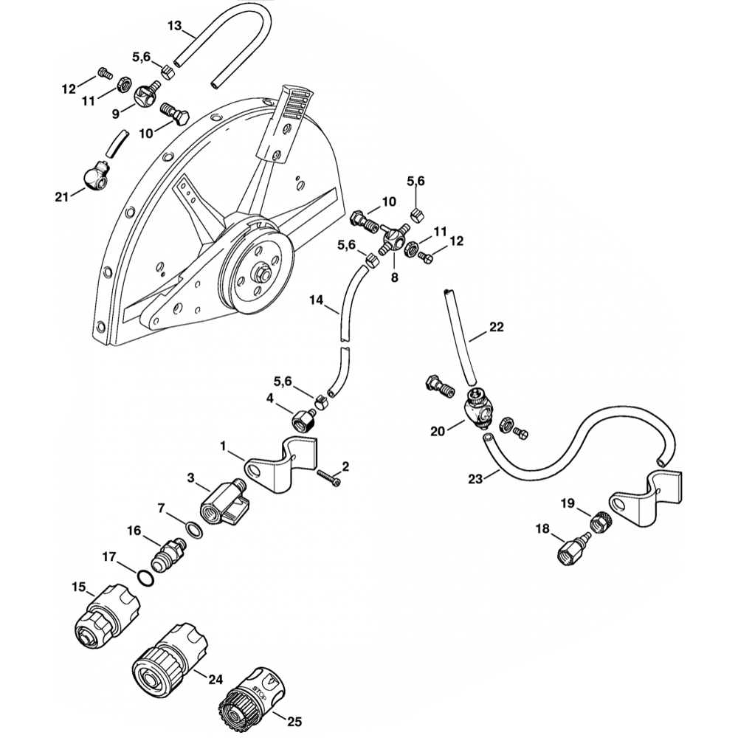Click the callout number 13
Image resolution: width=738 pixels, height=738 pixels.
(174, 26)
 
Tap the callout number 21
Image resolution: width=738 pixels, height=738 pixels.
(61, 196)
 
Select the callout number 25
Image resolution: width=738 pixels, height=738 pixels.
(294, 722)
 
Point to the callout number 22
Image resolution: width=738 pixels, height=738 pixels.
(496, 327)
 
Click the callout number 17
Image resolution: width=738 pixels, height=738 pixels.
(108, 557)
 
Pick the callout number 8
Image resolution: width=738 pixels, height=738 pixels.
(394, 278)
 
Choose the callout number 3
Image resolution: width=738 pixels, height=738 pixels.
(191, 479)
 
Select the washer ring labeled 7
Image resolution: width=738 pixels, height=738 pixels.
(193, 530)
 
